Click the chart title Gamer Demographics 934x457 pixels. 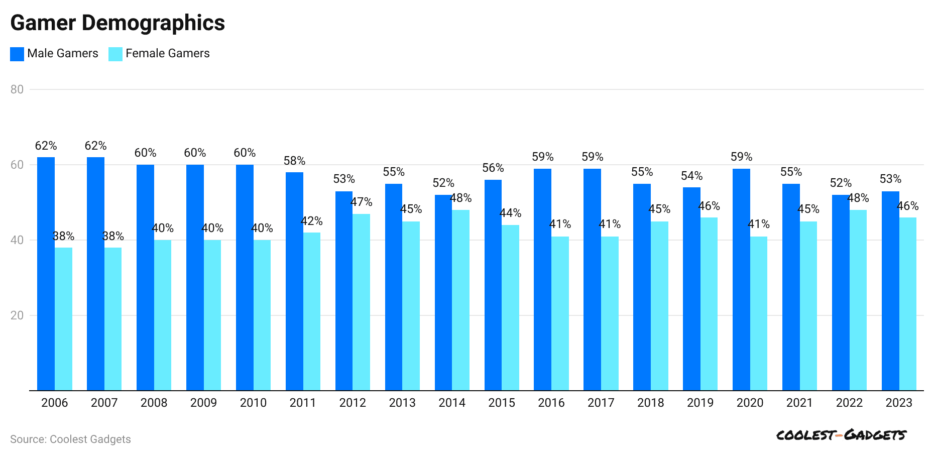118,23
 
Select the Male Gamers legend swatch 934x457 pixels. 17,54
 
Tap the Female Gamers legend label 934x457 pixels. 167,53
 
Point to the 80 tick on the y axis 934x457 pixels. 17,89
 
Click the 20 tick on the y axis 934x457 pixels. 17,315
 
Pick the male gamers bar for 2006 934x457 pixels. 46,274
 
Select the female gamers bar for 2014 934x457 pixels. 460,300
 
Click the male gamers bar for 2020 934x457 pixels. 741,279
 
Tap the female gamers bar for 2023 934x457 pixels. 908,304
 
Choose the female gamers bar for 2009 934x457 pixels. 212,315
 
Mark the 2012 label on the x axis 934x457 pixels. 353,403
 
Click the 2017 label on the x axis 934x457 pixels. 601,403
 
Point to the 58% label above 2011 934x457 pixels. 294,161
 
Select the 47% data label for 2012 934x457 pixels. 362,202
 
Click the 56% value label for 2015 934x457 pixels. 493,168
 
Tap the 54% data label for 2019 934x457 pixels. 692,176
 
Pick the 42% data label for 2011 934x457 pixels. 312,221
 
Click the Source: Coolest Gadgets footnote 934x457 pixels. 70,439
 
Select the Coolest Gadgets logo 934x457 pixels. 841,435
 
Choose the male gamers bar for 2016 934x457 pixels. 542,279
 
